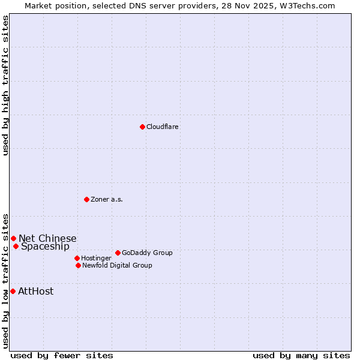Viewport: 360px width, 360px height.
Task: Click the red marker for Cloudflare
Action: coord(142,127)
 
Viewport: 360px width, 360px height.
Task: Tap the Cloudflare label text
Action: coord(163,127)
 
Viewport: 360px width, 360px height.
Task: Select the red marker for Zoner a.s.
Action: coord(86,199)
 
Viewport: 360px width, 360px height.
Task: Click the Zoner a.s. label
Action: coord(107,199)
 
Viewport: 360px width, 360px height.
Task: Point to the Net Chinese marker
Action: coord(13,238)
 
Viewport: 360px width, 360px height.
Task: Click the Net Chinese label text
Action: coord(47,239)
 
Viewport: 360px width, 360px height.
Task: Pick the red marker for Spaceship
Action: coord(16,246)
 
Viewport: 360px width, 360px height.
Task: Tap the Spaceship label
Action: coord(45,247)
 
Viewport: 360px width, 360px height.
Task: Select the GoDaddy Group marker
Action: coord(118,253)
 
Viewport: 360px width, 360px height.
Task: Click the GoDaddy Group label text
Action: coord(147,253)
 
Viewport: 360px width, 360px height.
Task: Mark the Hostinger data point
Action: coord(77,258)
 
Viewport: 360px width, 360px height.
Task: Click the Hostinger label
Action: coord(96,259)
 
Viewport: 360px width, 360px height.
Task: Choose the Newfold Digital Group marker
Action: coord(78,265)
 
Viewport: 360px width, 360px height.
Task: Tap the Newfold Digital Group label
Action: coord(117,265)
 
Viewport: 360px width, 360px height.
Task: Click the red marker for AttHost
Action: coord(13,291)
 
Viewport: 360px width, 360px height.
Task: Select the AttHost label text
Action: coord(36,292)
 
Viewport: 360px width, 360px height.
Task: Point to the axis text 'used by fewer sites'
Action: coord(62,355)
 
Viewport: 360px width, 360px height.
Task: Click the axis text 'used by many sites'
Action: coord(301,355)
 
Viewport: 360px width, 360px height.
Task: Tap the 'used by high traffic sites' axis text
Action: coord(6,85)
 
